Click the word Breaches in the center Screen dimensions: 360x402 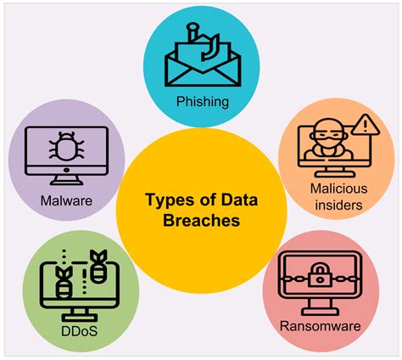[200, 220]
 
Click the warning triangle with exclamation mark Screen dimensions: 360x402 [366, 127]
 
